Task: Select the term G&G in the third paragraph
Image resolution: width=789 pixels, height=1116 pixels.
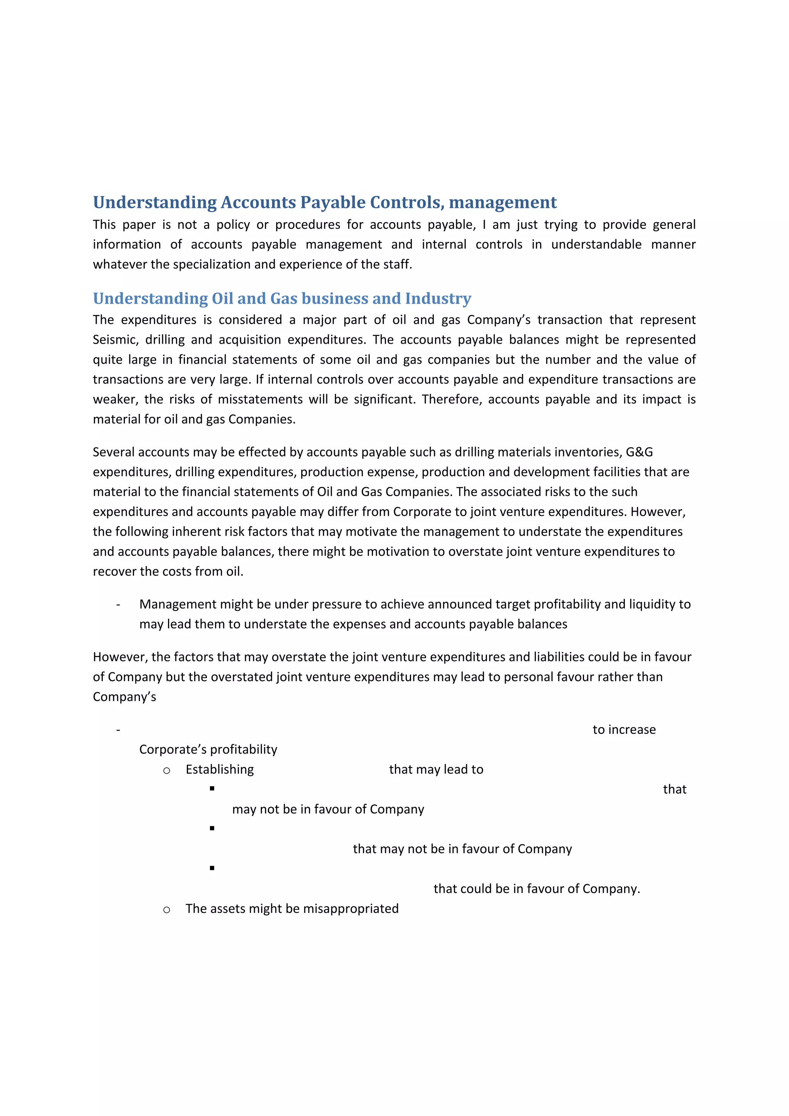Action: pos(639,452)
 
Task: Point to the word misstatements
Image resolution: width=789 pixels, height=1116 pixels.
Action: pos(265,399)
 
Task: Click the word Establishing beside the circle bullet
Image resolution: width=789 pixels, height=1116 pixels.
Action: pos(220,769)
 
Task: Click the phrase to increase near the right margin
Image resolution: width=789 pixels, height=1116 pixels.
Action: pos(624,730)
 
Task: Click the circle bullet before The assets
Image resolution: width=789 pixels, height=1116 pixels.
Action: pos(167,910)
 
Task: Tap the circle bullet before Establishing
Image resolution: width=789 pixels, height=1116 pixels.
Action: pos(167,770)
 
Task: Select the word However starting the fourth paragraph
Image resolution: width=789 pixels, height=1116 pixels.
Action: pos(120,657)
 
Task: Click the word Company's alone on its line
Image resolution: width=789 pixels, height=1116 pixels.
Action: pos(124,697)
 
